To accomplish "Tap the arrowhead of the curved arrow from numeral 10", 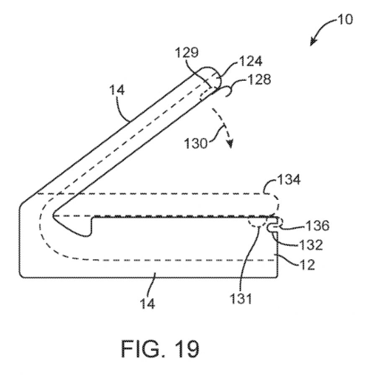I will (x=312, y=42).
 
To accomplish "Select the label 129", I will (x=187, y=53).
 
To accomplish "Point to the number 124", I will (x=250, y=62).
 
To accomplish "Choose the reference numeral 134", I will (x=289, y=181).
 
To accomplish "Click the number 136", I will (x=318, y=226).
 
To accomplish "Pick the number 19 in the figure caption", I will (x=186, y=349).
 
